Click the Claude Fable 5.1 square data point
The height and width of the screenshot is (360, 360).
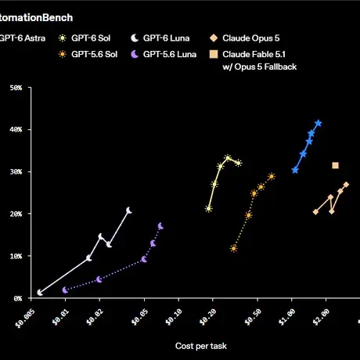pos(335,165)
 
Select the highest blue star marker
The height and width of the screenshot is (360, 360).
pos(319,123)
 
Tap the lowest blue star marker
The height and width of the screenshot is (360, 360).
pos(295,171)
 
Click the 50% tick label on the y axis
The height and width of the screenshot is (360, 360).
pos(16,88)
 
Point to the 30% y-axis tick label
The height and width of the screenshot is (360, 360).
pos(16,172)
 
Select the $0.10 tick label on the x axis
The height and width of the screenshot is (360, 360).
pos(174,317)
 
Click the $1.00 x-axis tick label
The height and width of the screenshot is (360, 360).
pos(286,317)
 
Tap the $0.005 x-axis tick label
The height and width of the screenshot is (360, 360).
pos(25,319)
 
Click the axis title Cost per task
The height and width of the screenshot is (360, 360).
pos(201,346)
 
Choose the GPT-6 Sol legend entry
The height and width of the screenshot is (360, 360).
pos(85,38)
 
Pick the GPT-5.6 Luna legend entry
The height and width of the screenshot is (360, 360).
pos(164,54)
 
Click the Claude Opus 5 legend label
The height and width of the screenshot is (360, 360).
pos(251,38)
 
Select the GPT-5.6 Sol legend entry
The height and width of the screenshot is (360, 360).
pos(88,54)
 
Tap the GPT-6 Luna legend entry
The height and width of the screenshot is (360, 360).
pos(160,38)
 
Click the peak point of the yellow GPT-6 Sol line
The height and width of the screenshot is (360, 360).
pos(228,158)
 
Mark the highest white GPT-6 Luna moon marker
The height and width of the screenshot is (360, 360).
pos(129,211)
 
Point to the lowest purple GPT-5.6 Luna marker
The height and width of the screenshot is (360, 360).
pos(65,290)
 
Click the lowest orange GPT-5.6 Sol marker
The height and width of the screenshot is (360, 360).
pos(234,248)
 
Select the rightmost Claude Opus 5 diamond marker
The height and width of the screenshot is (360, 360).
pos(346,185)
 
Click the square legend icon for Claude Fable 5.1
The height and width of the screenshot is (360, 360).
pos(214,54)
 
